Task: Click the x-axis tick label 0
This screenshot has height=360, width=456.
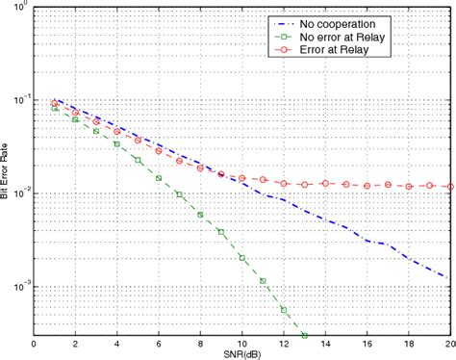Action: tap(35, 343)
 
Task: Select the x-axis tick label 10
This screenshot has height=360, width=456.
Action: tap(242, 343)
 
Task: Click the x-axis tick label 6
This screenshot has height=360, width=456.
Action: tap(159, 343)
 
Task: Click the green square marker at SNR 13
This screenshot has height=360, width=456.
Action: tap(305, 334)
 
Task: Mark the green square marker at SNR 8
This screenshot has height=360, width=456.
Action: tap(200, 214)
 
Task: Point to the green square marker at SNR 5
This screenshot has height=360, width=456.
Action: tap(138, 160)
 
